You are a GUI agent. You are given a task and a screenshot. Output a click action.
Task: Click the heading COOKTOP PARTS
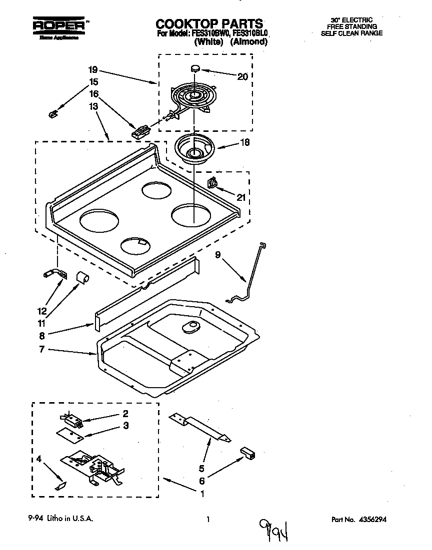click(209, 23)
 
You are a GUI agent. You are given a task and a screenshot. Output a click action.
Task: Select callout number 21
click(241, 197)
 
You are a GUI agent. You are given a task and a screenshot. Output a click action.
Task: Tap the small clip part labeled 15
click(52, 115)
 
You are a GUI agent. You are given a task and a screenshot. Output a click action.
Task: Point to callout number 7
click(42, 350)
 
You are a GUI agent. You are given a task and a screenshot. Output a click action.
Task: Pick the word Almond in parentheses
click(249, 42)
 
